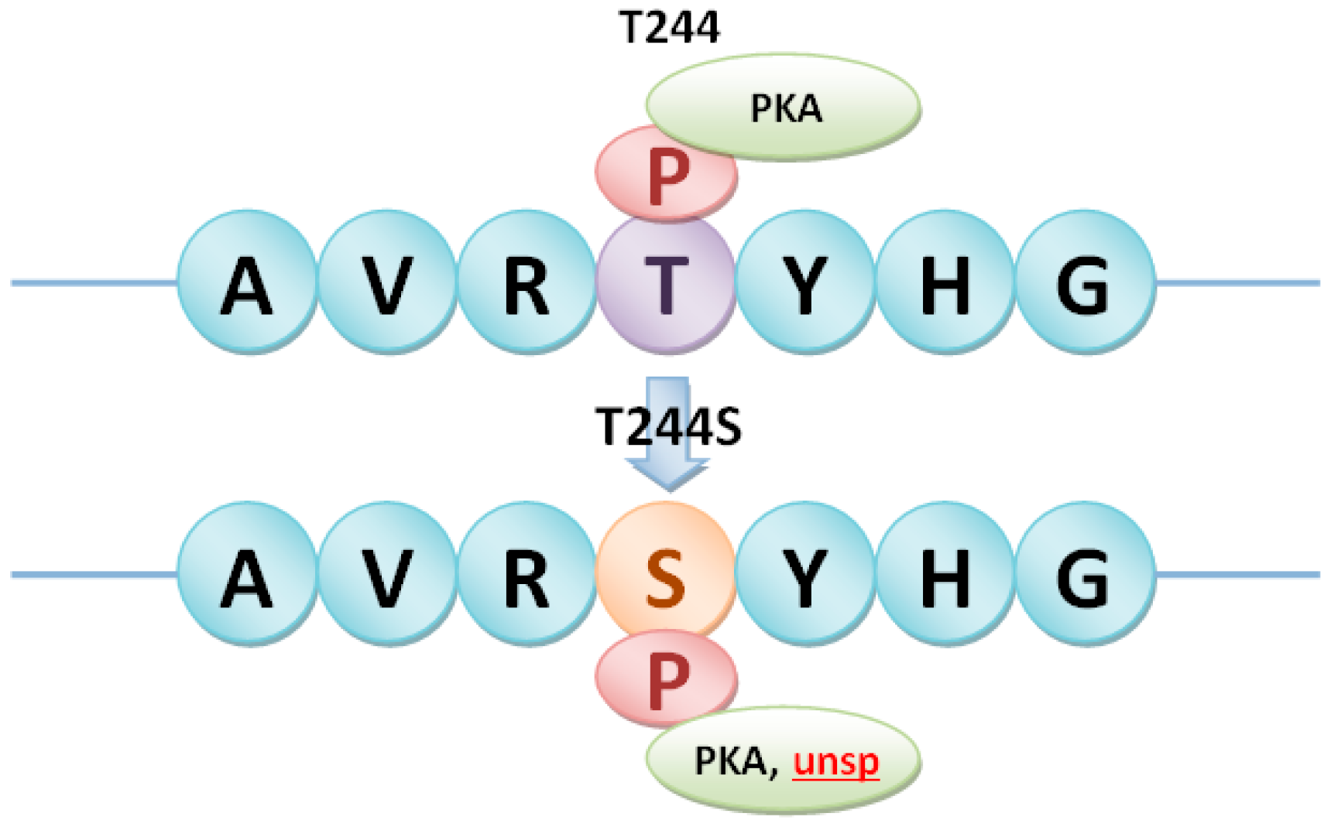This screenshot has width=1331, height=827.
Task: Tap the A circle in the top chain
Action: click(247, 283)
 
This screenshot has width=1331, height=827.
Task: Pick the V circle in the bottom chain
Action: click(386, 574)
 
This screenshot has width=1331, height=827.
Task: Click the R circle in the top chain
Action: click(527, 283)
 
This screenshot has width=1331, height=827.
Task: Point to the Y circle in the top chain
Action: click(805, 283)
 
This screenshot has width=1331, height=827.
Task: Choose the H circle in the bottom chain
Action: click(945, 574)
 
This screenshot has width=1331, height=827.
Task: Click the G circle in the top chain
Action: click(1084, 283)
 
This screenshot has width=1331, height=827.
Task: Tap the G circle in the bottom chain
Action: click(1084, 574)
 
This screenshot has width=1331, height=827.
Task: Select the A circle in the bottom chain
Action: click(247, 574)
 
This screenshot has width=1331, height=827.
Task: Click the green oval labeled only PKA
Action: click(784, 108)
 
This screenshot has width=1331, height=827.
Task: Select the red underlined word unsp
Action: click(836, 762)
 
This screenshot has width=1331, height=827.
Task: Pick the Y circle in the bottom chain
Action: click(805, 574)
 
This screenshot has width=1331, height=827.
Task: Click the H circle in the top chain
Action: click(945, 283)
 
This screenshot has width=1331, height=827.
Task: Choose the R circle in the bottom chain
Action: click(527, 574)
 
